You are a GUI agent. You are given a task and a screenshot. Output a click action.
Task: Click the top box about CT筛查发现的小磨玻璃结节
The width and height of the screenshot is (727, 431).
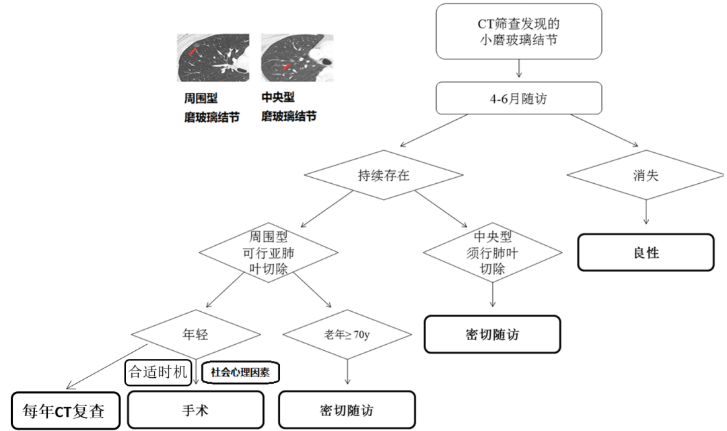(518, 32)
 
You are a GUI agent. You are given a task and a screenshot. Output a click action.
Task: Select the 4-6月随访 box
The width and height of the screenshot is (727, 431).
(518, 100)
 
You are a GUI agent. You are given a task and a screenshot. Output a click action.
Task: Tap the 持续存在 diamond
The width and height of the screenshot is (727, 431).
(384, 175)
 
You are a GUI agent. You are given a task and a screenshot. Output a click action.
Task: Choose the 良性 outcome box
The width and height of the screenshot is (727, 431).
(645, 253)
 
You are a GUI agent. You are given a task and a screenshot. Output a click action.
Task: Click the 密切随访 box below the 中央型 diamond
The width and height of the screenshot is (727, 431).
(491, 333)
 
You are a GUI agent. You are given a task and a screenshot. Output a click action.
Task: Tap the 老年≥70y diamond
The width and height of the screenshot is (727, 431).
(347, 333)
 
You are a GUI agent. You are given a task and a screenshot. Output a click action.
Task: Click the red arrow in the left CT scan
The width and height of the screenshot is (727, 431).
(193, 51)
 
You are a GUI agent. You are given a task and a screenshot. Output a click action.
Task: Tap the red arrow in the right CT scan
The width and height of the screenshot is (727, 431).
(287, 66)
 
